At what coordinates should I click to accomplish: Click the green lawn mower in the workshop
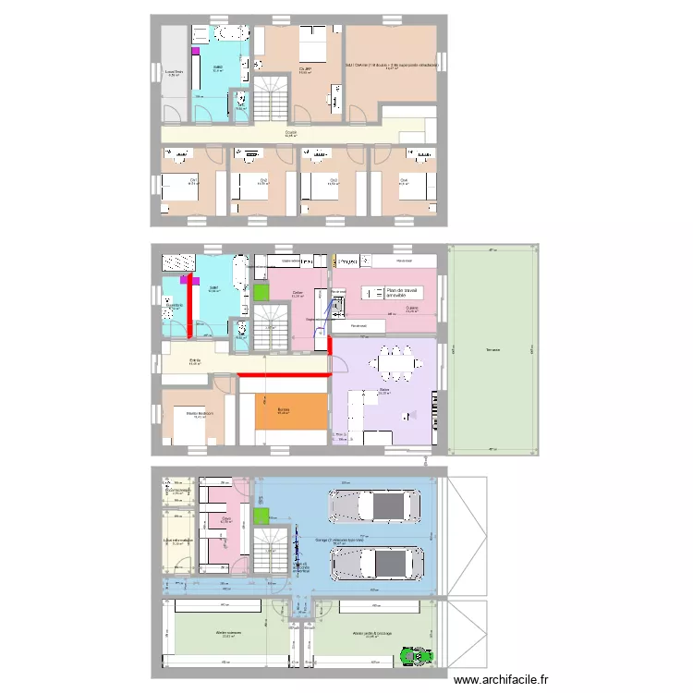[x=417, y=656]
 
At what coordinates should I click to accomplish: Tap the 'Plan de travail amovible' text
[x=402, y=293]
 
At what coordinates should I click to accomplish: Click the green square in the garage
[x=261, y=515]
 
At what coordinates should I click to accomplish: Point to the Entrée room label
[x=195, y=361]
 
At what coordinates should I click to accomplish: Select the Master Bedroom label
[x=199, y=413]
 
